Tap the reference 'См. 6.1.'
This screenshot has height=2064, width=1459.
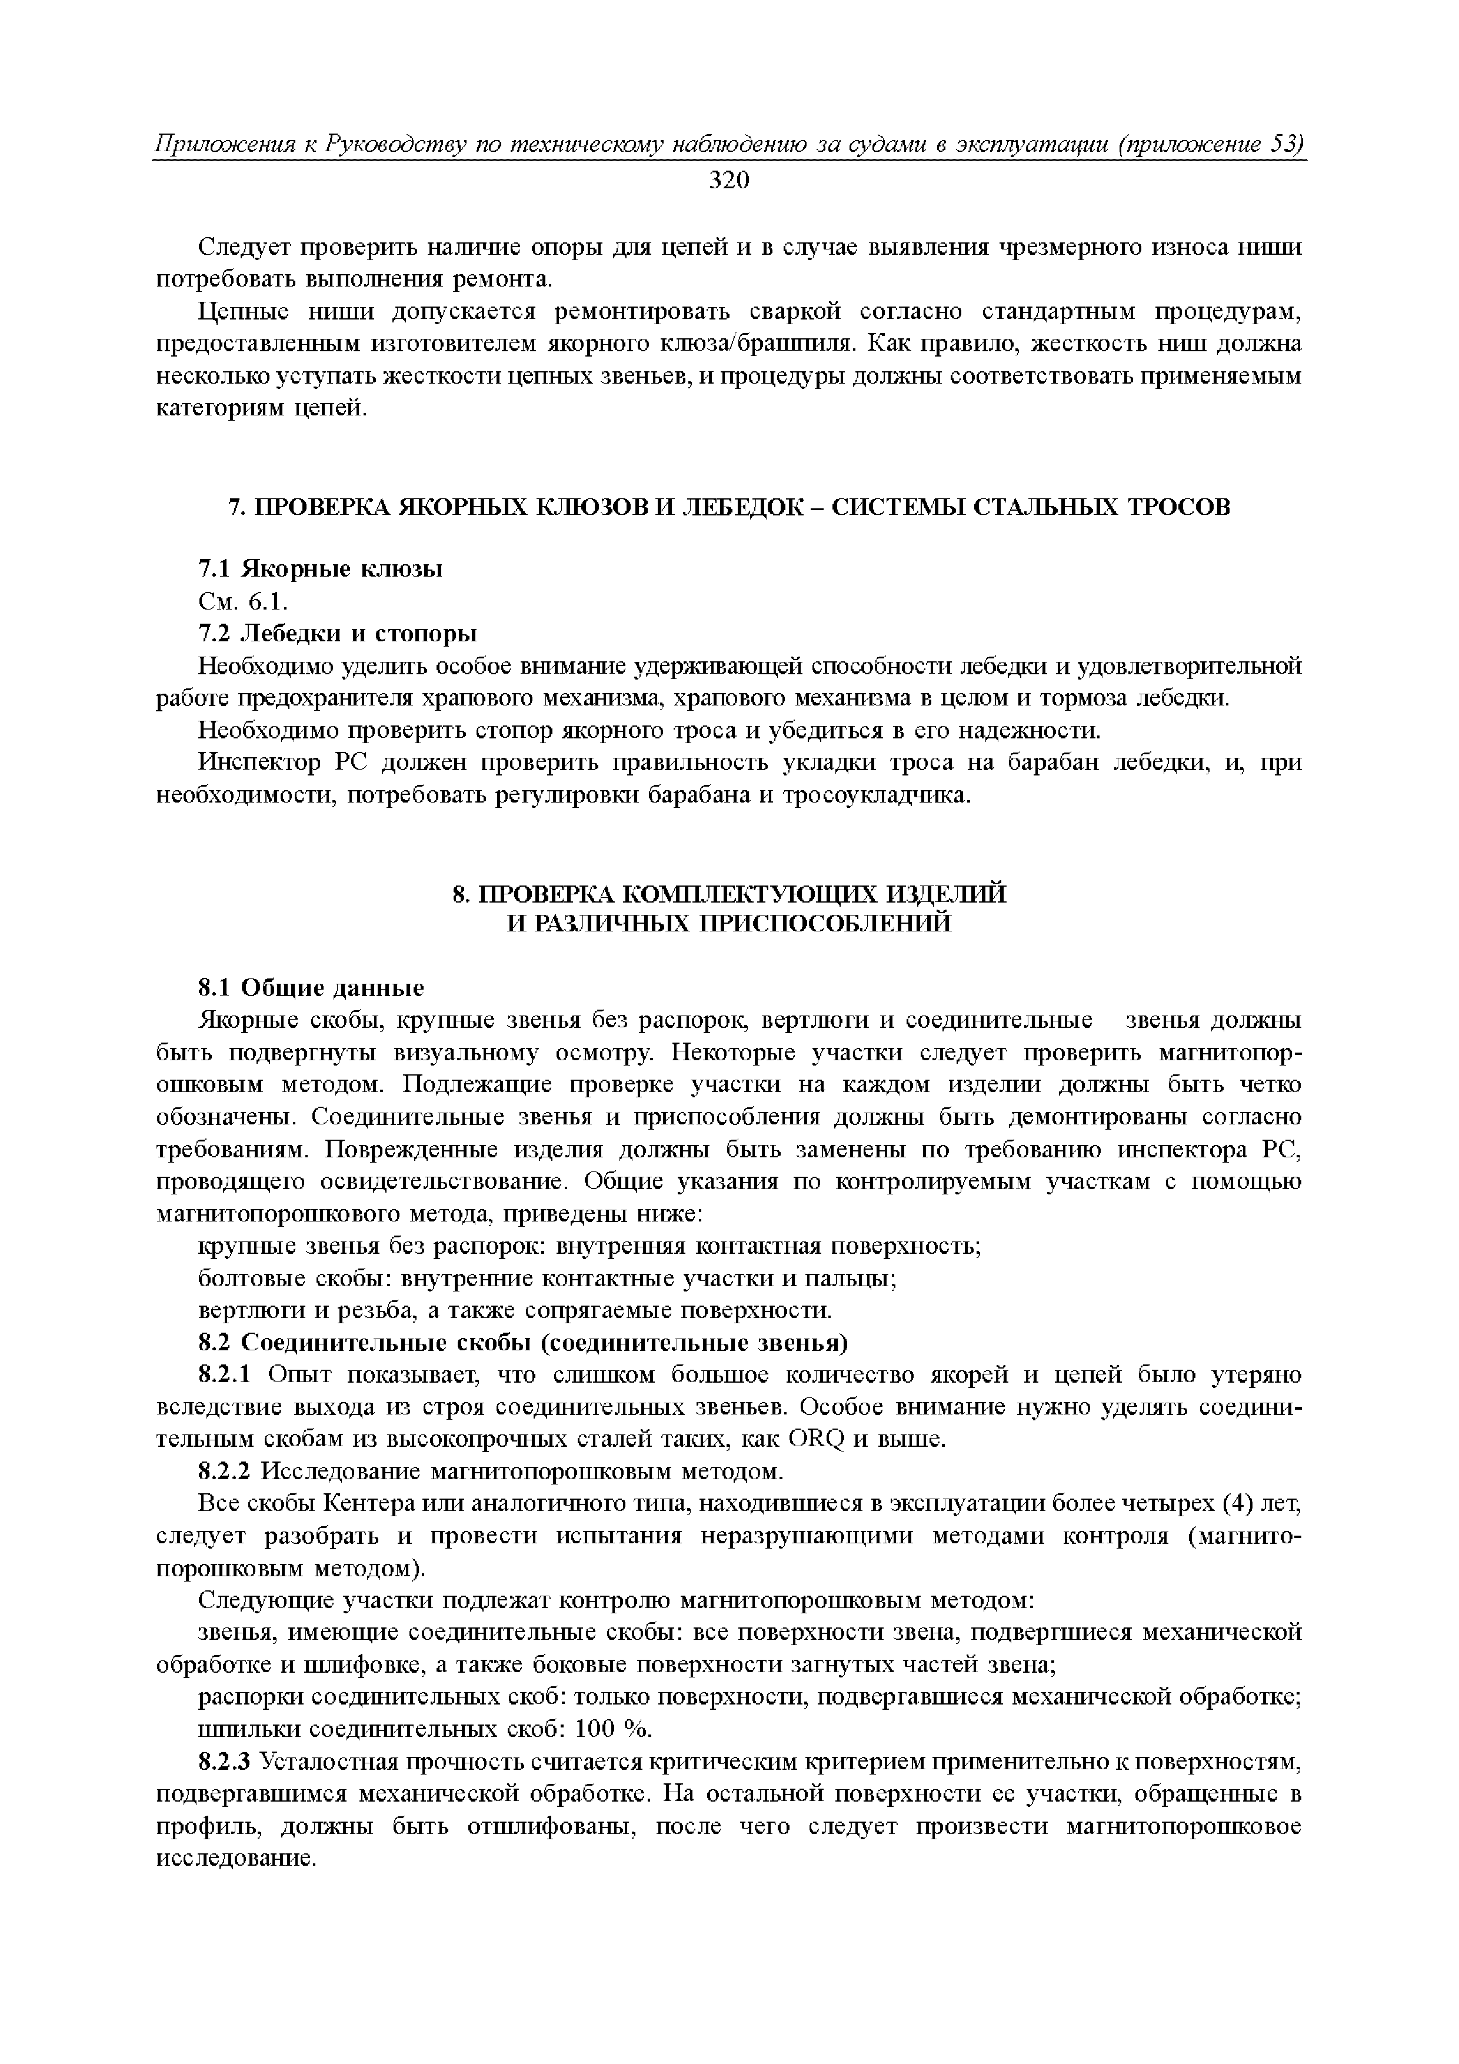(242, 601)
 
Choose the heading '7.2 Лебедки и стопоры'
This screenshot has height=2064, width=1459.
(337, 634)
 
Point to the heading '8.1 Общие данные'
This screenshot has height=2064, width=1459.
(310, 988)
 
